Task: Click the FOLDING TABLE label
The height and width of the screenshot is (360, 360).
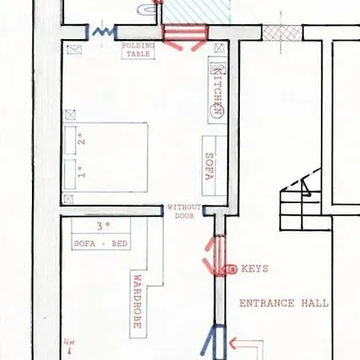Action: tap(138, 50)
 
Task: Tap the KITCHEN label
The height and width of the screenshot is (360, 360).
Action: tap(218, 90)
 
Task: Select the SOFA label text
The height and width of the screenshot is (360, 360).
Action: tap(210, 166)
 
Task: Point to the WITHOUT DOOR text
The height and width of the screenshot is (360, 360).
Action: tap(184, 211)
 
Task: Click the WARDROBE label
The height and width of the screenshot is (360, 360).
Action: tap(138, 302)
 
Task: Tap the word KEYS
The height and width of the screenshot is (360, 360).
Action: tap(254, 269)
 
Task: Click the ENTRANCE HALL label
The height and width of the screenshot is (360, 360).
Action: tap(284, 303)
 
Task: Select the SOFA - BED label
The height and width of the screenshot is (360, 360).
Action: tap(101, 244)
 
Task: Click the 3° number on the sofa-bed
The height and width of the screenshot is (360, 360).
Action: tap(103, 226)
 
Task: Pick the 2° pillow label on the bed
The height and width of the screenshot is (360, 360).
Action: tap(82, 138)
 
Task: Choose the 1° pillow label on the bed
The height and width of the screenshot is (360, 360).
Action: tap(82, 172)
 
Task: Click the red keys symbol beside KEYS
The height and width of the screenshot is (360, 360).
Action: tap(230, 270)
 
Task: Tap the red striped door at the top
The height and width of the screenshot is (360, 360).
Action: tap(186, 33)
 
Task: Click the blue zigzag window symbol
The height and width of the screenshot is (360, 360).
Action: tap(103, 32)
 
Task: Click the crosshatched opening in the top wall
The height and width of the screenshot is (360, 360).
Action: tap(282, 33)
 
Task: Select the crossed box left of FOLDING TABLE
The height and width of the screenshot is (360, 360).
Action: tap(74, 50)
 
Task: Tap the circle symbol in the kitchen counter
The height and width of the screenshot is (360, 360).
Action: tap(217, 110)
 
